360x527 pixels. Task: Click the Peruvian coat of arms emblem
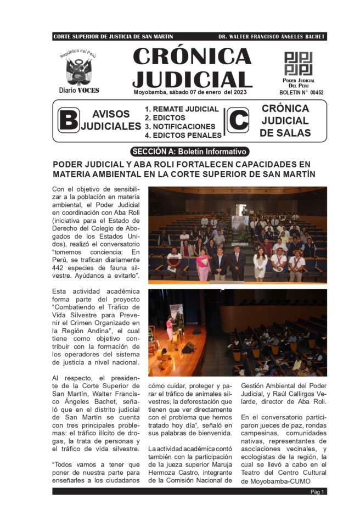pos(78,71)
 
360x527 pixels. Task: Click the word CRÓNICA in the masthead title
pos(192,57)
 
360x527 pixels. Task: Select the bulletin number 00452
pos(316,93)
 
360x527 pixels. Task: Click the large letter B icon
pos(68,121)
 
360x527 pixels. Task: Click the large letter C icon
pos(238,121)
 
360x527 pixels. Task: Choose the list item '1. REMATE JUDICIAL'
pos(182,109)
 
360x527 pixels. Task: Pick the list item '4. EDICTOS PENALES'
pos(183,135)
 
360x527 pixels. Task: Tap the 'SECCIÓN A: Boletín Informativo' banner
pos(190,152)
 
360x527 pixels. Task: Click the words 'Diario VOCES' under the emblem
pos(79,90)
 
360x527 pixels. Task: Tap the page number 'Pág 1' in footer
pos(318,492)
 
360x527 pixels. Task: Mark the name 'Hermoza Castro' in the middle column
pos(174,473)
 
